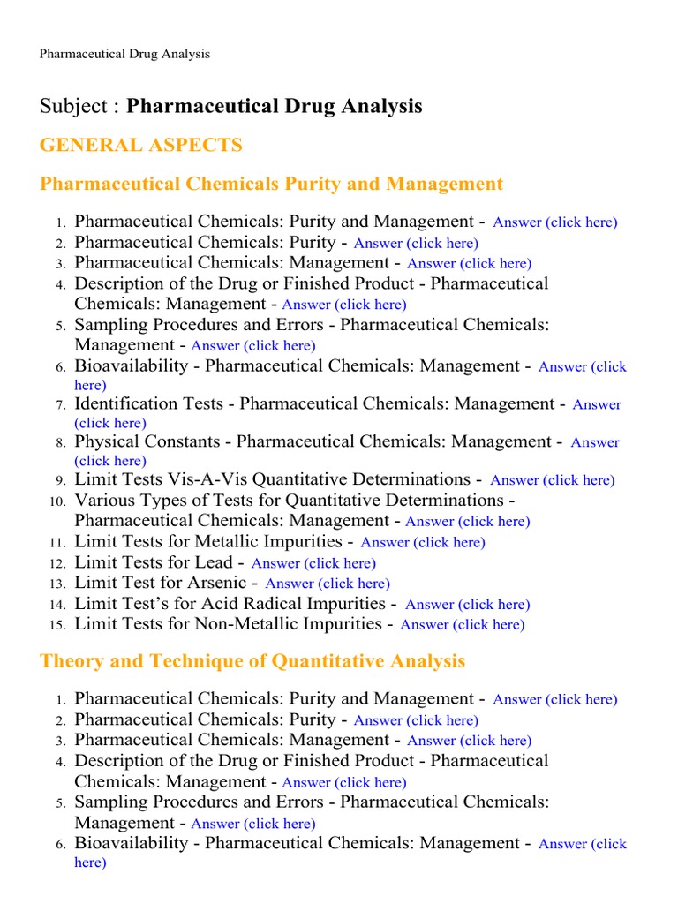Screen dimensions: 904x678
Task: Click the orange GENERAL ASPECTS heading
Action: [140, 146]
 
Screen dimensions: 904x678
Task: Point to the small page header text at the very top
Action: [124, 55]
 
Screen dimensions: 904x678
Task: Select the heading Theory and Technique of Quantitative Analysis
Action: [252, 661]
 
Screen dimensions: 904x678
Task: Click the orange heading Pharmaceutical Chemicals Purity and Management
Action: [271, 185]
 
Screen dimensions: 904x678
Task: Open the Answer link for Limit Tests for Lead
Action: [313, 563]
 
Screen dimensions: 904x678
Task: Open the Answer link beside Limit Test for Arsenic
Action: [328, 584]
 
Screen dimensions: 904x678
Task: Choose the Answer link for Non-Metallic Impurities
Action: [462, 625]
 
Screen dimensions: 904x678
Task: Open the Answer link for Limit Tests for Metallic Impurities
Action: [423, 543]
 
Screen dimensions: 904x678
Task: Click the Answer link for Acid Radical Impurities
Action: [467, 605]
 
